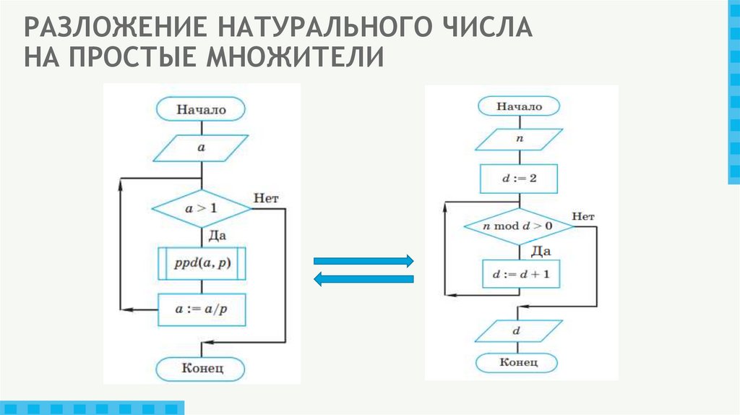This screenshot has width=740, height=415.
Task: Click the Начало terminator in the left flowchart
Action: coord(201,110)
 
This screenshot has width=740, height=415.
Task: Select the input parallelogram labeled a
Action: coord(201,147)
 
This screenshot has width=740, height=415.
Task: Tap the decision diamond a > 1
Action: coord(201,208)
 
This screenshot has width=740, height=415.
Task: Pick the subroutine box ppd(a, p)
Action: coord(201,264)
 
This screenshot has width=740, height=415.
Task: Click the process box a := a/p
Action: coord(201,309)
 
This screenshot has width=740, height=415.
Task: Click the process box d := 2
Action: coord(518,179)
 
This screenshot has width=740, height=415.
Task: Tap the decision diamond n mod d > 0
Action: coord(518,226)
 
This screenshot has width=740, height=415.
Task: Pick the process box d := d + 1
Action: coord(518,274)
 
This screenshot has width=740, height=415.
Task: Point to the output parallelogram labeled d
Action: coord(518,330)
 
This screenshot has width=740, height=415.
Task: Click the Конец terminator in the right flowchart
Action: coord(518,361)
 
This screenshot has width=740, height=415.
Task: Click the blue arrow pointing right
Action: coord(362,261)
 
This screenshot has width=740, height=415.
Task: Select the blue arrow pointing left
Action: coord(362,279)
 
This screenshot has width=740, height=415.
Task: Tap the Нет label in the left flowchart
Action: coord(266,197)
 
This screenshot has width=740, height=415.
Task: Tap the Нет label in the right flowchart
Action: coord(582,216)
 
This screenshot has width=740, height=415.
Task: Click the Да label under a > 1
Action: coord(218,235)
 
